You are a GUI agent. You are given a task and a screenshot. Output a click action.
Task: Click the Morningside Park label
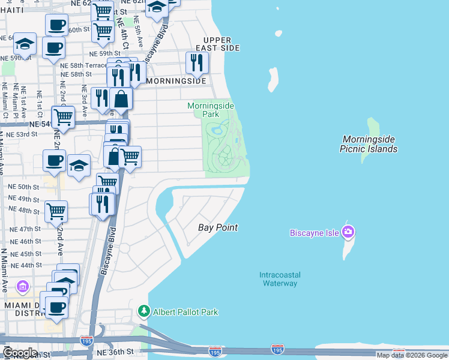(210, 109)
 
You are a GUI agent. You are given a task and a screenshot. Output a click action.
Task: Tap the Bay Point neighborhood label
(218, 227)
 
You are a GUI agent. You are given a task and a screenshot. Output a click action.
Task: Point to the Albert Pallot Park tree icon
(143, 311)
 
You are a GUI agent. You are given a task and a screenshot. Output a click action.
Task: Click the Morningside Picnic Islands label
(369, 144)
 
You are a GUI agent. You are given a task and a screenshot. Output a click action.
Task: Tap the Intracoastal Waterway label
(280, 279)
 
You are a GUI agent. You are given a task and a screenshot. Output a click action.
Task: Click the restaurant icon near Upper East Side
(196, 62)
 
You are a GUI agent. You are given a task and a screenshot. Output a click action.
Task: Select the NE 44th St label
(22, 265)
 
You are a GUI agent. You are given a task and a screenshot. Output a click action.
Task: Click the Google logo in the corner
(20, 353)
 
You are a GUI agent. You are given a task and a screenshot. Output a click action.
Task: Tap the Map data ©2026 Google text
(412, 355)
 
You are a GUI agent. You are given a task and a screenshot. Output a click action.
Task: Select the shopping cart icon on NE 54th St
(63, 116)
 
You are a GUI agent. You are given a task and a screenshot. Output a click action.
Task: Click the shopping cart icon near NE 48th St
(56, 210)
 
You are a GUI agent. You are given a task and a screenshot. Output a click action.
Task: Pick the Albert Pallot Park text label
(185, 312)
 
